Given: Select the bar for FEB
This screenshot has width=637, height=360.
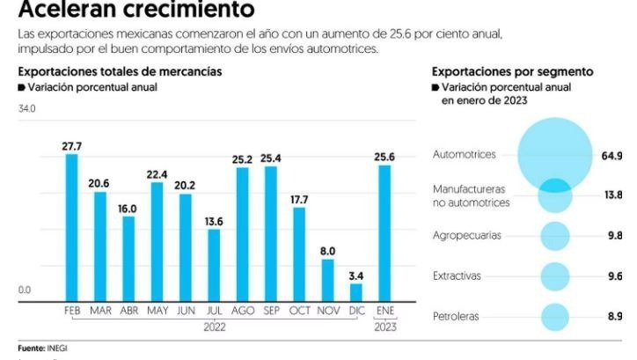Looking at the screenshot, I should click(x=71, y=229).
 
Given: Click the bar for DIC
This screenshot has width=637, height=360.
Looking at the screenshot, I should click(x=355, y=293).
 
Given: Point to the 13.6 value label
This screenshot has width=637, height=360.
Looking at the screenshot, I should click(x=214, y=221).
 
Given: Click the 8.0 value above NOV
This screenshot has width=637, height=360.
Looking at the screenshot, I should click(x=327, y=251).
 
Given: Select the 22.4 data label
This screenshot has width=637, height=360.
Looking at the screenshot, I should click(x=157, y=174).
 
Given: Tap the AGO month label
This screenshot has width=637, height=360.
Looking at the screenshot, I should click(x=242, y=312).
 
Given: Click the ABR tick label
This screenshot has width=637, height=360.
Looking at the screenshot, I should click(x=128, y=312).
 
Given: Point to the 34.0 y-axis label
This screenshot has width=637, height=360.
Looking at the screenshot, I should click(x=26, y=108).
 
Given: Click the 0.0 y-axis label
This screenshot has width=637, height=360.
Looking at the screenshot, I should click(x=24, y=289).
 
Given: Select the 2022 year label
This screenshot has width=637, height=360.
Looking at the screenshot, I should click(x=214, y=327).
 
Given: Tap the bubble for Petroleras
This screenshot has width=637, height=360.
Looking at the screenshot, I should click(x=554, y=316).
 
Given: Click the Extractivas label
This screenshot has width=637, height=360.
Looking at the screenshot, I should click(x=456, y=276).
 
